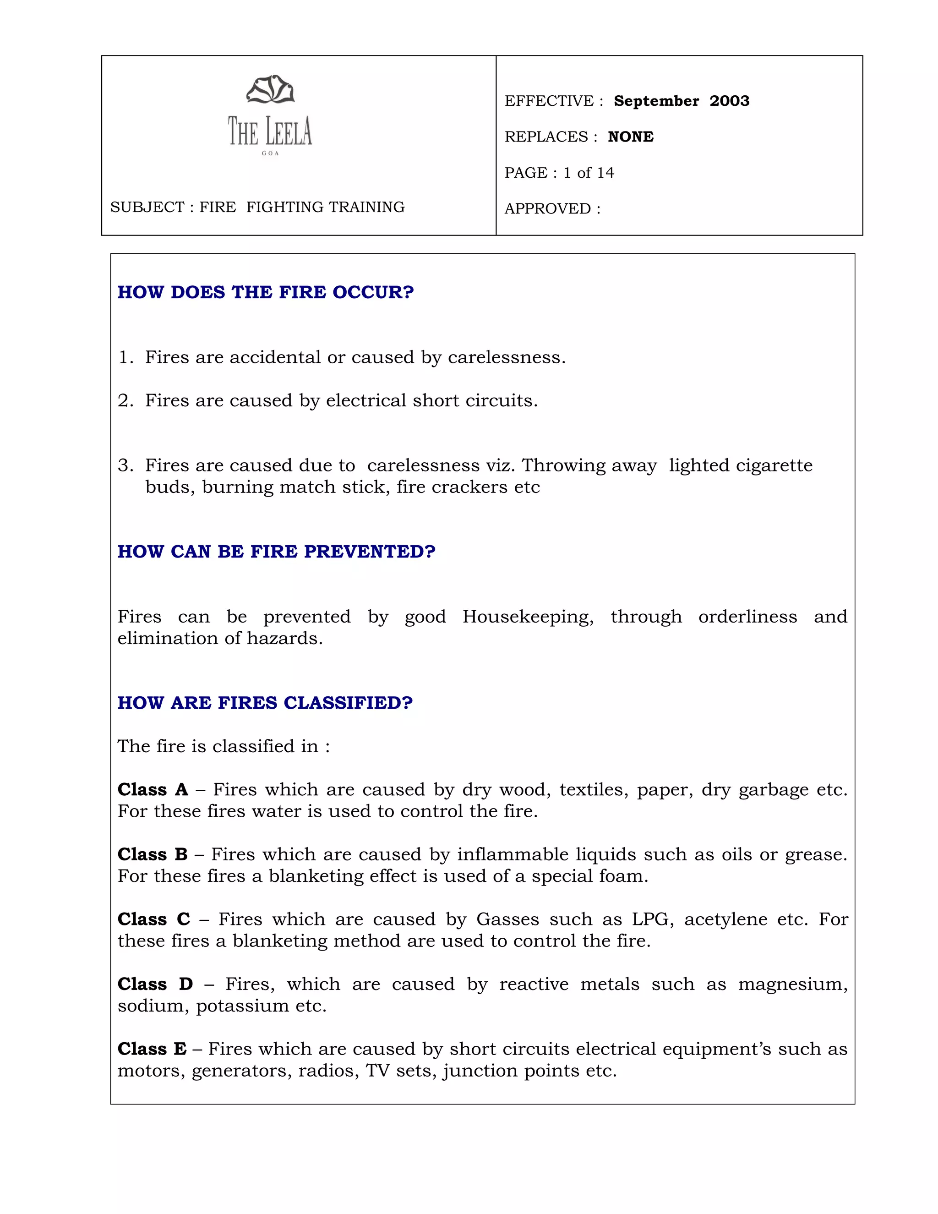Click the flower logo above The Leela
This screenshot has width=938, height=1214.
[x=270, y=90]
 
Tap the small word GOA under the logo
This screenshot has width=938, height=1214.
[x=270, y=153]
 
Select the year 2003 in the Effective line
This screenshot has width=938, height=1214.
[x=729, y=101]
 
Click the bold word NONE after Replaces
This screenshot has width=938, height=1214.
[x=631, y=137]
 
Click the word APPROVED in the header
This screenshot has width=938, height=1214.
[x=547, y=209]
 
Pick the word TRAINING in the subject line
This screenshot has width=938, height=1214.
[x=367, y=208]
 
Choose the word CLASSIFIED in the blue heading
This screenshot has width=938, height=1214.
[x=348, y=703]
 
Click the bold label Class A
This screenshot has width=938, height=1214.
[x=153, y=790]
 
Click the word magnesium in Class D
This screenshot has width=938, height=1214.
[x=792, y=984]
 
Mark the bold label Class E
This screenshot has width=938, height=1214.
[x=152, y=1049]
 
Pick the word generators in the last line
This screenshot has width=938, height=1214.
[x=240, y=1071]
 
